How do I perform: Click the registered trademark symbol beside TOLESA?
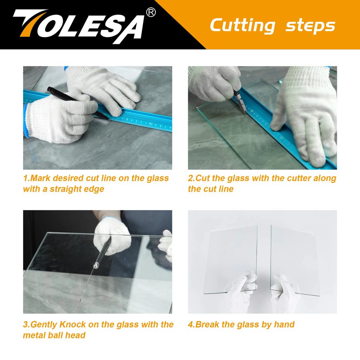pyautogui.click(x=151, y=12)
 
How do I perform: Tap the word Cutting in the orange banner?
pyautogui.click(x=243, y=26)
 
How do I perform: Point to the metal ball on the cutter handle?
pyautogui.click(x=96, y=266)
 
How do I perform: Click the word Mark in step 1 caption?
pyautogui.click(x=40, y=178)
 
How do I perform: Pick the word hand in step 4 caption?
pyautogui.click(x=284, y=324)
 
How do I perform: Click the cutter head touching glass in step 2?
pyautogui.click(x=243, y=108)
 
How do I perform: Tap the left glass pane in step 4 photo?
pyautogui.click(x=230, y=259)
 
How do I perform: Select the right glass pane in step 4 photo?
pyautogui.click(x=294, y=261)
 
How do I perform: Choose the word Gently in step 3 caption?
pyautogui.click(x=44, y=325)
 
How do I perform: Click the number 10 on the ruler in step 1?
pyautogui.click(x=150, y=124)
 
